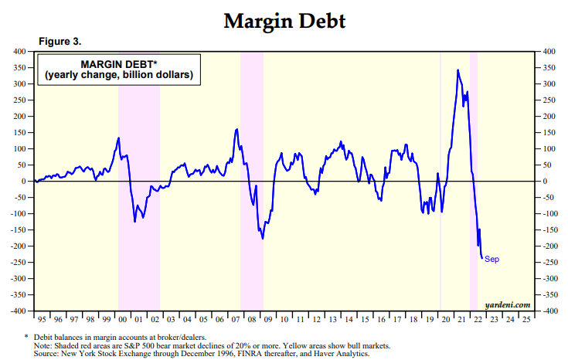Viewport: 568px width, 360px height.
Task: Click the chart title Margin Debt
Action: [x=284, y=21]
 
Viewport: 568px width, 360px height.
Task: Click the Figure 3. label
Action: [x=60, y=40]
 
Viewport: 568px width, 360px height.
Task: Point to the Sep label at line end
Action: [x=491, y=259]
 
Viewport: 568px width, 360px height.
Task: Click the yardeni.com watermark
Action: [x=508, y=305]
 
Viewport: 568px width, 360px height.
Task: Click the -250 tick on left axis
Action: [x=19, y=263]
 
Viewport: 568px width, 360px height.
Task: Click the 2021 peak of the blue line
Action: [x=458, y=70]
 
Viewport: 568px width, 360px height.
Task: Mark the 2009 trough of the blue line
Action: [x=263, y=238]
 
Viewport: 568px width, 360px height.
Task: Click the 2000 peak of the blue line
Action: [x=118, y=138]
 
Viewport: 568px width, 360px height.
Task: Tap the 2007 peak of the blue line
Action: [x=236, y=129]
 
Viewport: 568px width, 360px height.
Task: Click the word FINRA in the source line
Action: [x=233, y=354]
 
